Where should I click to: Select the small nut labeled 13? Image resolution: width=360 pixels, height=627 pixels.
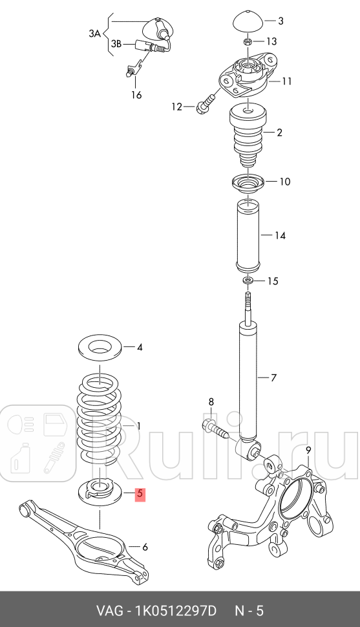[x=248, y=42]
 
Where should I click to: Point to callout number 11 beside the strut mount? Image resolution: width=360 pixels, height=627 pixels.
[x=287, y=81]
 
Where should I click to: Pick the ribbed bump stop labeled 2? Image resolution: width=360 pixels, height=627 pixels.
[x=249, y=133]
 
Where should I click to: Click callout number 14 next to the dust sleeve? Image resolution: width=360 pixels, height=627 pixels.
[x=279, y=235]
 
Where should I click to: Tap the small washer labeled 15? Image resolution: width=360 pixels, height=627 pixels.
[x=248, y=281]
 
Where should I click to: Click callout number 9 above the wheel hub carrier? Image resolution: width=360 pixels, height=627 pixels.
[x=308, y=450]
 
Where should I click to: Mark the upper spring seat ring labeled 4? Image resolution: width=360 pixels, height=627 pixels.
[x=100, y=347]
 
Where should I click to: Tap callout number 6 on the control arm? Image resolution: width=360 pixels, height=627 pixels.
[x=145, y=547]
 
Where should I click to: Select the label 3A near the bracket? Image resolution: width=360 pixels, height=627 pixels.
[x=95, y=32]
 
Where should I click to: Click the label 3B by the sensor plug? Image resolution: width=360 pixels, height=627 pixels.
[x=116, y=44]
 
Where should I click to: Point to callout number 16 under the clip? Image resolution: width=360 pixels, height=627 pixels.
[x=136, y=95]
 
